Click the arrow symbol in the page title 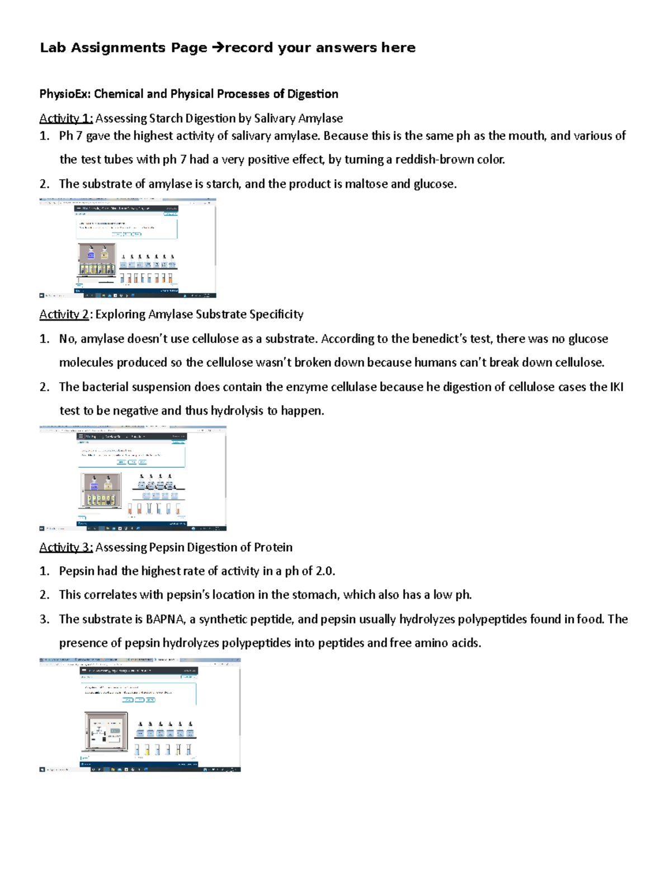[217, 48]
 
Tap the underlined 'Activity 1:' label [65, 119]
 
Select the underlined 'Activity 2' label [64, 314]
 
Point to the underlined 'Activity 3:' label [65, 547]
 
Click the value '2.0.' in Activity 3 [325, 571]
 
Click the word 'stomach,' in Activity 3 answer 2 [316, 595]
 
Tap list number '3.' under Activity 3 [45, 619]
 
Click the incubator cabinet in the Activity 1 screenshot [97, 260]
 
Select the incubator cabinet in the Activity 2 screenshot [101, 491]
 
